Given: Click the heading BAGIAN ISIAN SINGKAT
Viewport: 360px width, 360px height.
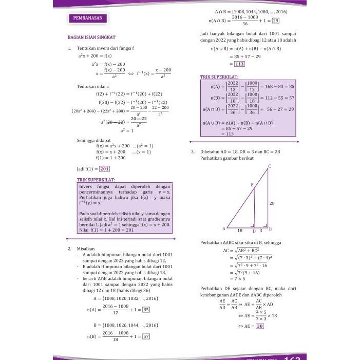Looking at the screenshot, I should click(x=91, y=37).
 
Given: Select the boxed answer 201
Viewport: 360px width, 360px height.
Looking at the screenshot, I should click(x=104, y=168).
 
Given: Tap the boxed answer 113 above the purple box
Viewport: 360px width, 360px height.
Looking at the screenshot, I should click(x=239, y=64).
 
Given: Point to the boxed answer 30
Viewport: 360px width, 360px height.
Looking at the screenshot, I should click(x=260, y=326).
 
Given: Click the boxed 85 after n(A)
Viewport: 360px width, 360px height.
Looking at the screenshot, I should click(x=146, y=310).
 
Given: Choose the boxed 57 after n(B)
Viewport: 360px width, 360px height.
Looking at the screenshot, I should click(x=146, y=337).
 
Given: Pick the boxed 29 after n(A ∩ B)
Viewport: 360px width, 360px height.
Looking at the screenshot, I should click(x=275, y=21).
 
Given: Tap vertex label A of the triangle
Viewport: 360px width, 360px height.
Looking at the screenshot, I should click(x=223, y=229).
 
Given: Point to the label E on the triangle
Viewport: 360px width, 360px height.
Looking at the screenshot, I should click(x=252, y=185).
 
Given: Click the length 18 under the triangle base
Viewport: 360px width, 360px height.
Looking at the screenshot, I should click(x=240, y=231).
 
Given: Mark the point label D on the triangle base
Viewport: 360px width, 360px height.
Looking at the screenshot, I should click(x=254, y=231).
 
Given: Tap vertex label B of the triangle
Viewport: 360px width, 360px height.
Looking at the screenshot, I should click(x=270, y=229).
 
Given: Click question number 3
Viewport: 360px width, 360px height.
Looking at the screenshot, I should click(x=192, y=151).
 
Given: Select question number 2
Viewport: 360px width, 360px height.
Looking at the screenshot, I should click(x=69, y=248).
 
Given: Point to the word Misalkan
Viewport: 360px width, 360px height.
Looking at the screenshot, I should click(x=86, y=248).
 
